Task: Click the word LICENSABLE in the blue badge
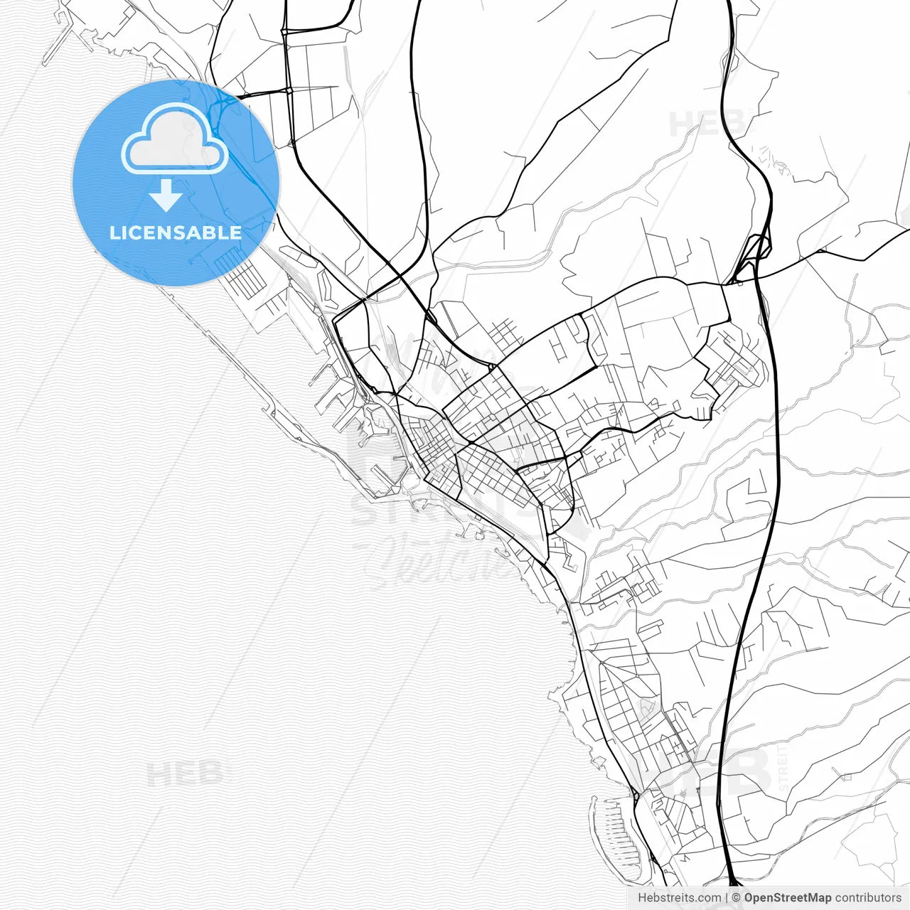pos(176,232)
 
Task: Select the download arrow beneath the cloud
pos(166,196)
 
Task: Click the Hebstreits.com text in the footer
pos(679,898)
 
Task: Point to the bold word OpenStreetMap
pos(788,898)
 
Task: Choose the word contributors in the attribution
pos(867,898)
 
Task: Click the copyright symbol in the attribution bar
pos(737,898)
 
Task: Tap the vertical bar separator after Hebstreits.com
pos(726,898)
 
